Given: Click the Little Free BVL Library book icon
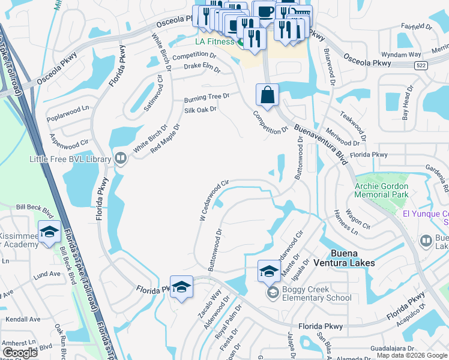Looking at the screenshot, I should click(x=121, y=158).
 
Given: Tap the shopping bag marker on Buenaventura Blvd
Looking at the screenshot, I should click(x=267, y=95).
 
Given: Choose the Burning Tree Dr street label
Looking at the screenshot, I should click(x=207, y=96).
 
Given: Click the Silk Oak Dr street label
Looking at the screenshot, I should click(x=200, y=110).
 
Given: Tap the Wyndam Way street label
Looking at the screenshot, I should click(x=402, y=54).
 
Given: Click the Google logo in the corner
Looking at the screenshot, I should click(x=20, y=353).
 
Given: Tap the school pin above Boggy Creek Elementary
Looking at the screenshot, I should click(x=269, y=271).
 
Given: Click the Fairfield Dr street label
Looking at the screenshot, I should click(x=417, y=27).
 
